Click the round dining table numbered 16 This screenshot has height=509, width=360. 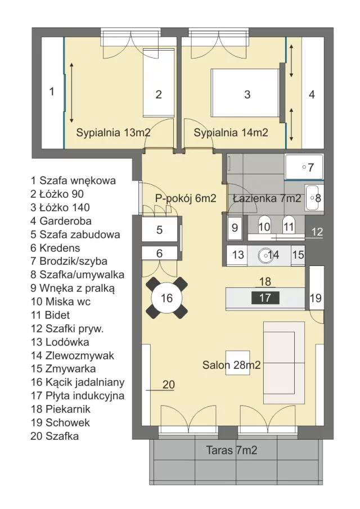click(x=166, y=298)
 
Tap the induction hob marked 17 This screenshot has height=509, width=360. click(x=265, y=298)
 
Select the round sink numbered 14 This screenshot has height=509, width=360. click(x=266, y=255)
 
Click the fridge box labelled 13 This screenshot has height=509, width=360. click(x=237, y=255)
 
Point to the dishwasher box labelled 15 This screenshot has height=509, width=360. click(x=298, y=255)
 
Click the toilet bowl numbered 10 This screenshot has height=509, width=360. click(x=264, y=224)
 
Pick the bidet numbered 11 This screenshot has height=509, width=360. click(x=288, y=224)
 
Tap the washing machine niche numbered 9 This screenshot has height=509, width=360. click(x=235, y=227)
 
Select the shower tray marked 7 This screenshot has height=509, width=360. click(x=304, y=167)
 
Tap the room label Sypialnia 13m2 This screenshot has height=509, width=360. click(x=113, y=132)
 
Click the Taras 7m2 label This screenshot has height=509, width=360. click(x=231, y=451)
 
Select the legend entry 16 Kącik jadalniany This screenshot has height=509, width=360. click(x=78, y=382)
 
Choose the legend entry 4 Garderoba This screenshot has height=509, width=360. click(x=61, y=221)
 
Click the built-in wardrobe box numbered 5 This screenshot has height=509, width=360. click(x=159, y=230)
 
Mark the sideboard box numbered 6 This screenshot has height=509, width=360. click(x=159, y=253)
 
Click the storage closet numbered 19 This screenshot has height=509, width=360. click(x=317, y=288)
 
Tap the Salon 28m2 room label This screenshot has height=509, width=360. click(x=231, y=365)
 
